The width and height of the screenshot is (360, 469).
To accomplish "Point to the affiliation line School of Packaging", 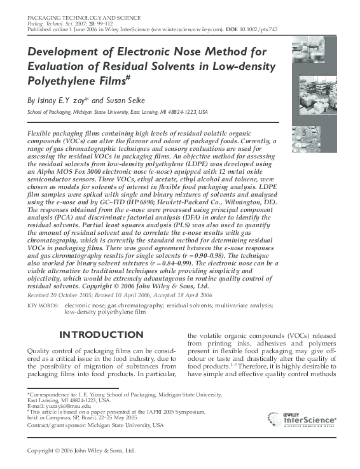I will (117, 111).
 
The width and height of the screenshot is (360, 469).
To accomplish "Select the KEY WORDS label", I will (41, 306).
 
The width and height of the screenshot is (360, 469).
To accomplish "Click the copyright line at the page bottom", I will (80, 450).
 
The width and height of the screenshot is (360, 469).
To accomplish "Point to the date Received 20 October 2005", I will (66, 296).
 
